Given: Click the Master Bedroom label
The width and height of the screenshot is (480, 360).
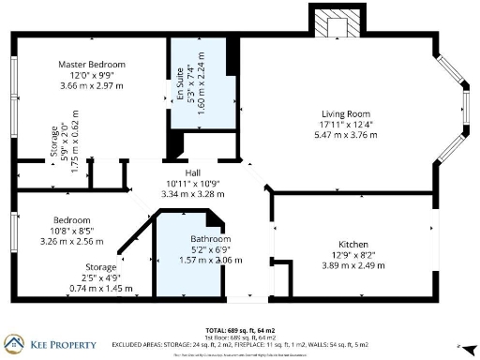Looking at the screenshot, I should tap(92, 65).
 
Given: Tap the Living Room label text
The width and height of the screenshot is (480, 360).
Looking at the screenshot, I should tap(344, 113).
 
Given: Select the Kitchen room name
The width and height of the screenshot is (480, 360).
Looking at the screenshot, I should tap(352, 244).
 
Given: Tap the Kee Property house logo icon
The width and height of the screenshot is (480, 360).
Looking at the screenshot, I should tap(16, 343).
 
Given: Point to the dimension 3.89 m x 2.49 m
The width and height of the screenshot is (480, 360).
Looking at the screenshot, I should tap(352, 264).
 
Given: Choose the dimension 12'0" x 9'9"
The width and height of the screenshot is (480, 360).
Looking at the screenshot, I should tap(92, 75).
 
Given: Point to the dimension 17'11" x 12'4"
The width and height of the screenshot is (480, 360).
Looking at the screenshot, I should tap(344, 124).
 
